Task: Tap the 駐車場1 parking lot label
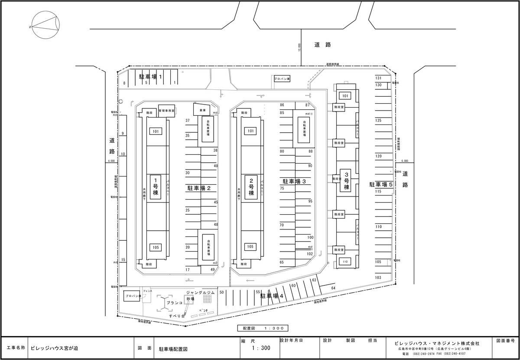[150, 76]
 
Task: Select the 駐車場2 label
[199, 188]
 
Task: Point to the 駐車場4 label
[272, 296]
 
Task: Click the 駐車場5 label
[381, 184]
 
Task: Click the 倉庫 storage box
[202, 110]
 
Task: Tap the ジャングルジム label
[200, 293]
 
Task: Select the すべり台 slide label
[177, 317]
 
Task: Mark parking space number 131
[378, 78]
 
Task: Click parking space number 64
[333, 288]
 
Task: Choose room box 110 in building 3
[345, 262]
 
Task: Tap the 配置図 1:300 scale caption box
[263, 328]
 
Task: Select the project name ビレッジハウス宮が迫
[54, 348]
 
